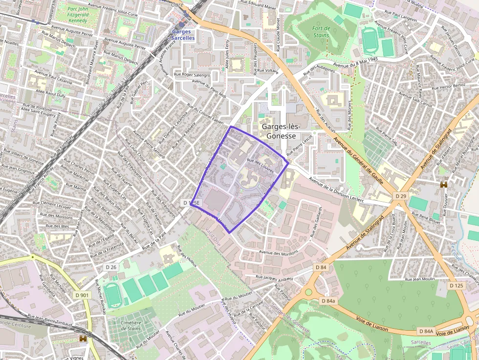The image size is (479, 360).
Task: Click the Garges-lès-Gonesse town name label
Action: click(x=281, y=131)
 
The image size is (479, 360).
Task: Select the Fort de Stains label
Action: click(x=321, y=32)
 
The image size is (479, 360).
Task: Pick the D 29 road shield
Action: click(x=400, y=196)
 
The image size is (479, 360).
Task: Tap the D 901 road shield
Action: click(x=82, y=295)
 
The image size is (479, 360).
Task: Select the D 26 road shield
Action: click(x=111, y=267)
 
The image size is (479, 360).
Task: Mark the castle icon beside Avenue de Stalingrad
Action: click(x=444, y=185)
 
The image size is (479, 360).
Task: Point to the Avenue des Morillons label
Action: click(x=279, y=253)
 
